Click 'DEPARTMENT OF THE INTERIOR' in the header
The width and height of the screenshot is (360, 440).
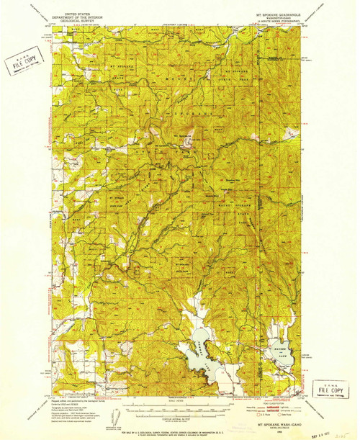(78, 17)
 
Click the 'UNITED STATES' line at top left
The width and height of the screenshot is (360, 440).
(78, 13)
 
